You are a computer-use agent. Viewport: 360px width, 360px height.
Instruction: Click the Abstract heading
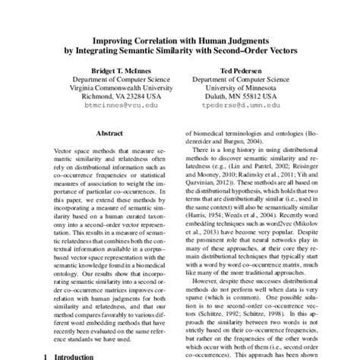[x=106, y=131]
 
